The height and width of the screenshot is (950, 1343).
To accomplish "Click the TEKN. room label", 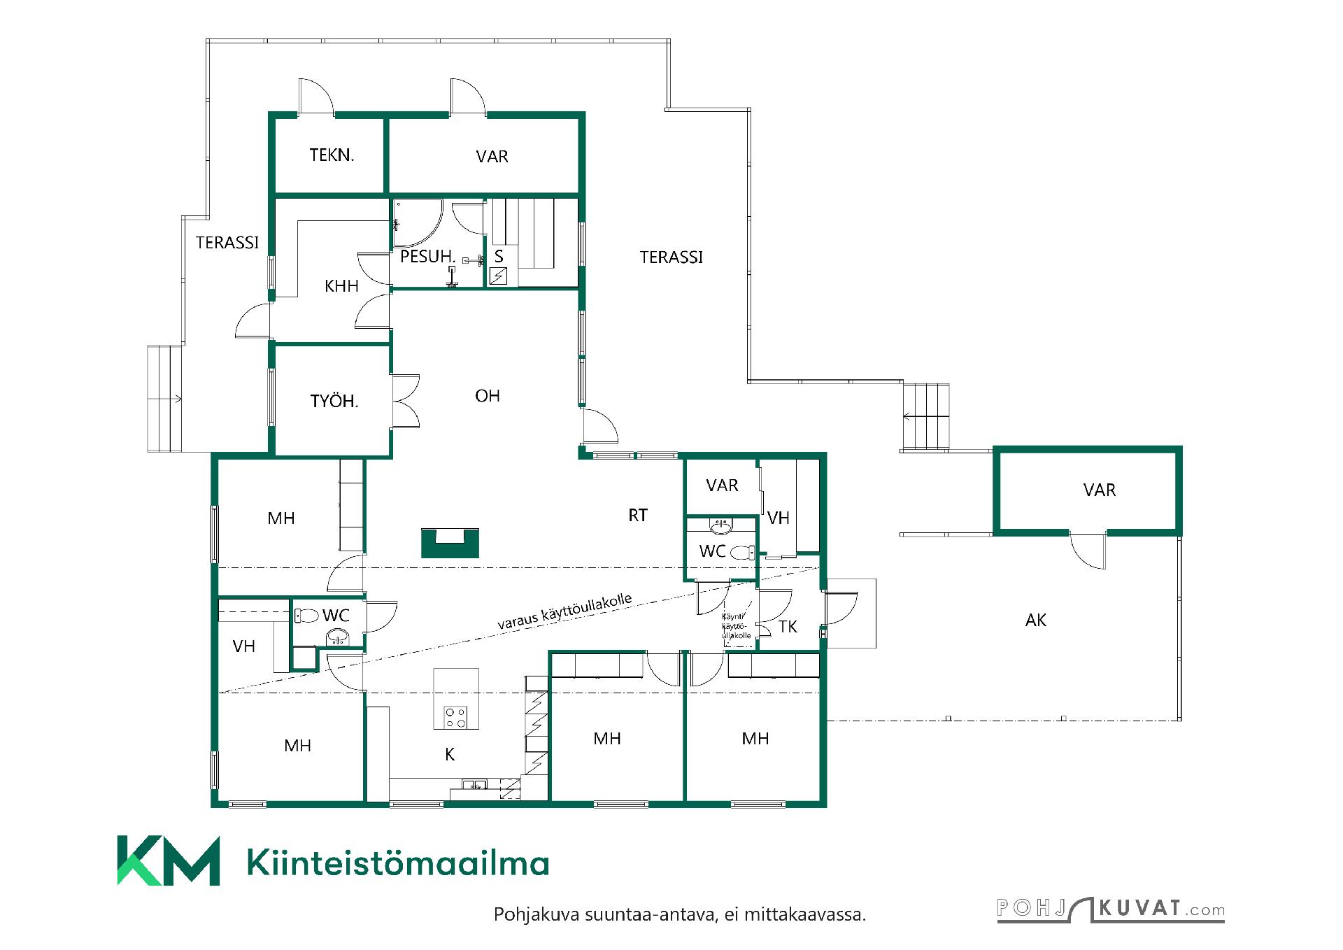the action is (x=332, y=155).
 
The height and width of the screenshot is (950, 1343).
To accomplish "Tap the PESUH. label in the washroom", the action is (x=427, y=257).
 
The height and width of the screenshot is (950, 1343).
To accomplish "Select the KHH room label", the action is (x=342, y=285).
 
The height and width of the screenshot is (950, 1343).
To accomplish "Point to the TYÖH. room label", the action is (x=334, y=401).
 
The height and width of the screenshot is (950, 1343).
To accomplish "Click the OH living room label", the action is (x=488, y=396).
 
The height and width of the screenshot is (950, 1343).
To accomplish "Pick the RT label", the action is (x=638, y=516).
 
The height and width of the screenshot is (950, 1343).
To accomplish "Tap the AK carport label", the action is (x=1036, y=620).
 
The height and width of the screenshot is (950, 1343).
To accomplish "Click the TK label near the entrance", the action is (x=788, y=627).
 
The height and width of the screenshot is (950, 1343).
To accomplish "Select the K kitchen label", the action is (x=450, y=754).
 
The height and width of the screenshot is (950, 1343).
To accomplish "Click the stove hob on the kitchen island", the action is (x=456, y=716).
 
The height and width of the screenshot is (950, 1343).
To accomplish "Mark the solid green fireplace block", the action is (x=450, y=543).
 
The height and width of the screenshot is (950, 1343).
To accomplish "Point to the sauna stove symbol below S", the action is (x=499, y=276).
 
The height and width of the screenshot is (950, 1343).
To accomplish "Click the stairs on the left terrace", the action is (x=165, y=398).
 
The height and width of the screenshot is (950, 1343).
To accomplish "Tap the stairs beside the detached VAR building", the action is (x=925, y=418).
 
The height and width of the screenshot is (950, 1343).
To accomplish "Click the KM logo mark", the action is (x=168, y=860).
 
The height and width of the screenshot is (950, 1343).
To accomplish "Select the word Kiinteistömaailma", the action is (x=398, y=863).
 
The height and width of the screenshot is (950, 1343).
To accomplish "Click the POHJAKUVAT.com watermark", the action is (x=1111, y=909).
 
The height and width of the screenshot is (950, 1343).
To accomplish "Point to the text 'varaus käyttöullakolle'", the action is (x=565, y=611).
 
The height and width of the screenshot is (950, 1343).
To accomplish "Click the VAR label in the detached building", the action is (x=1100, y=490).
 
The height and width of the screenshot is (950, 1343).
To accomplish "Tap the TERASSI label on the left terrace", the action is (x=227, y=243).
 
